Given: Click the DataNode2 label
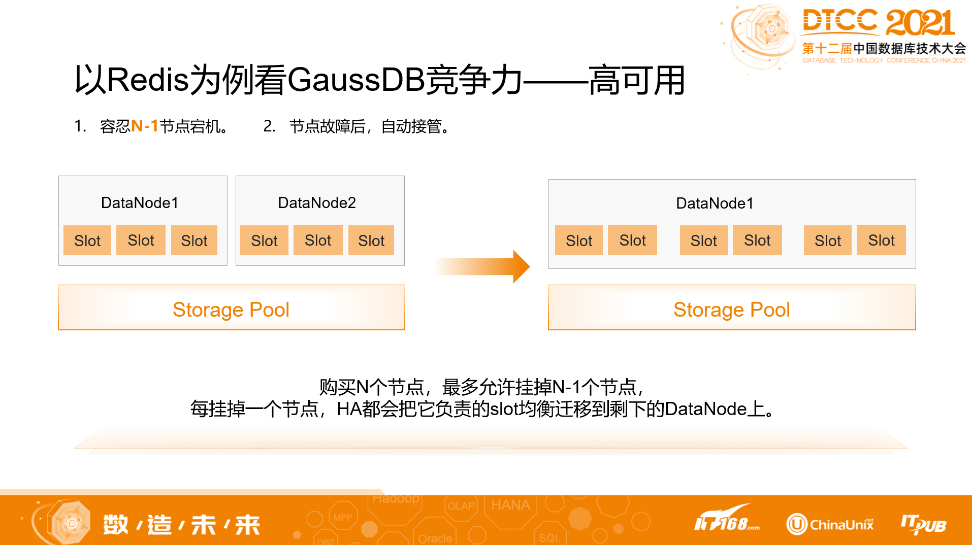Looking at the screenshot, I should pyautogui.click(x=317, y=203).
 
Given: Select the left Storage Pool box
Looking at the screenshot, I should pyautogui.click(x=231, y=308).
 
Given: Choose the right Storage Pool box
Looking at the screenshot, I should pyautogui.click(x=732, y=308).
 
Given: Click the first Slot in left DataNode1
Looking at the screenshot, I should pyautogui.click(x=87, y=241).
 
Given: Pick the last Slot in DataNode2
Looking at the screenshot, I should pyautogui.click(x=371, y=241).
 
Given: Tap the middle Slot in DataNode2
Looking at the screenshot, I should pyautogui.click(x=318, y=240).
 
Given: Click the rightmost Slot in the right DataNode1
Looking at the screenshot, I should pyautogui.click(x=881, y=240).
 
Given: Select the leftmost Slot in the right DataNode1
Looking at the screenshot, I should pyautogui.click(x=579, y=241).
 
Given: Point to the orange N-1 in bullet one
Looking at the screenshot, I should pyautogui.click(x=145, y=126).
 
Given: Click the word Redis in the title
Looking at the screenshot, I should pyautogui.click(x=148, y=80).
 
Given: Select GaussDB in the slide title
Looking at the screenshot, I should pyautogui.click(x=355, y=80).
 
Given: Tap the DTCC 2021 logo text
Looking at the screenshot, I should pyautogui.click(x=879, y=22).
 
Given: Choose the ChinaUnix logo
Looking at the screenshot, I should pyautogui.click(x=830, y=524).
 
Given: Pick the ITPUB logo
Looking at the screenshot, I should pyautogui.click(x=923, y=524).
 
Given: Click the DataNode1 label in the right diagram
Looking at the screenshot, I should pyautogui.click(x=715, y=203).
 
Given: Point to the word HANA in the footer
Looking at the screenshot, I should pyautogui.click(x=510, y=505).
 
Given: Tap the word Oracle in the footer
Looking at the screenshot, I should pyautogui.click(x=435, y=538).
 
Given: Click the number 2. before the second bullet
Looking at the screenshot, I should pyautogui.click(x=269, y=126).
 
